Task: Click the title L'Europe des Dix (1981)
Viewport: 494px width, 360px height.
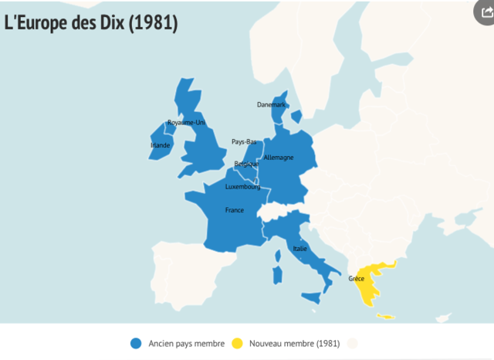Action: (x=91, y=22)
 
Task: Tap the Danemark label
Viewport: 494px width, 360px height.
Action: (x=271, y=104)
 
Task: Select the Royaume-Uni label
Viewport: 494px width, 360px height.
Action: (x=186, y=123)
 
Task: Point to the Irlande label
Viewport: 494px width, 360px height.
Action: (x=160, y=144)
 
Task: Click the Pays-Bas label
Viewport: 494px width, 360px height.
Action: (x=244, y=142)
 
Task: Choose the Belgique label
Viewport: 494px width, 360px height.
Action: (x=246, y=164)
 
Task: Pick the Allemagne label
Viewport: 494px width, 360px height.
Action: (x=278, y=158)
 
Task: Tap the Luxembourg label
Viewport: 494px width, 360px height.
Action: (x=242, y=186)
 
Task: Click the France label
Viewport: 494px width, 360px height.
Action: (x=235, y=210)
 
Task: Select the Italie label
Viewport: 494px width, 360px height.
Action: (x=299, y=249)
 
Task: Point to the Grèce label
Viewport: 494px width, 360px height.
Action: (x=356, y=278)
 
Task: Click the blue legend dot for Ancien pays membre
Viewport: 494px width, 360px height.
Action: (x=136, y=343)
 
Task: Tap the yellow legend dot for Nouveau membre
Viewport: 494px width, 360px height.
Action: (x=237, y=343)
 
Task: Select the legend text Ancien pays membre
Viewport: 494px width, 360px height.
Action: (x=186, y=343)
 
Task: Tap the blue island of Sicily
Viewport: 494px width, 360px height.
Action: (x=311, y=297)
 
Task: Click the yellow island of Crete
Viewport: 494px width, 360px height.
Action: (x=384, y=316)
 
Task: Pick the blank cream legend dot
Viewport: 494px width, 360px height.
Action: (x=353, y=343)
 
